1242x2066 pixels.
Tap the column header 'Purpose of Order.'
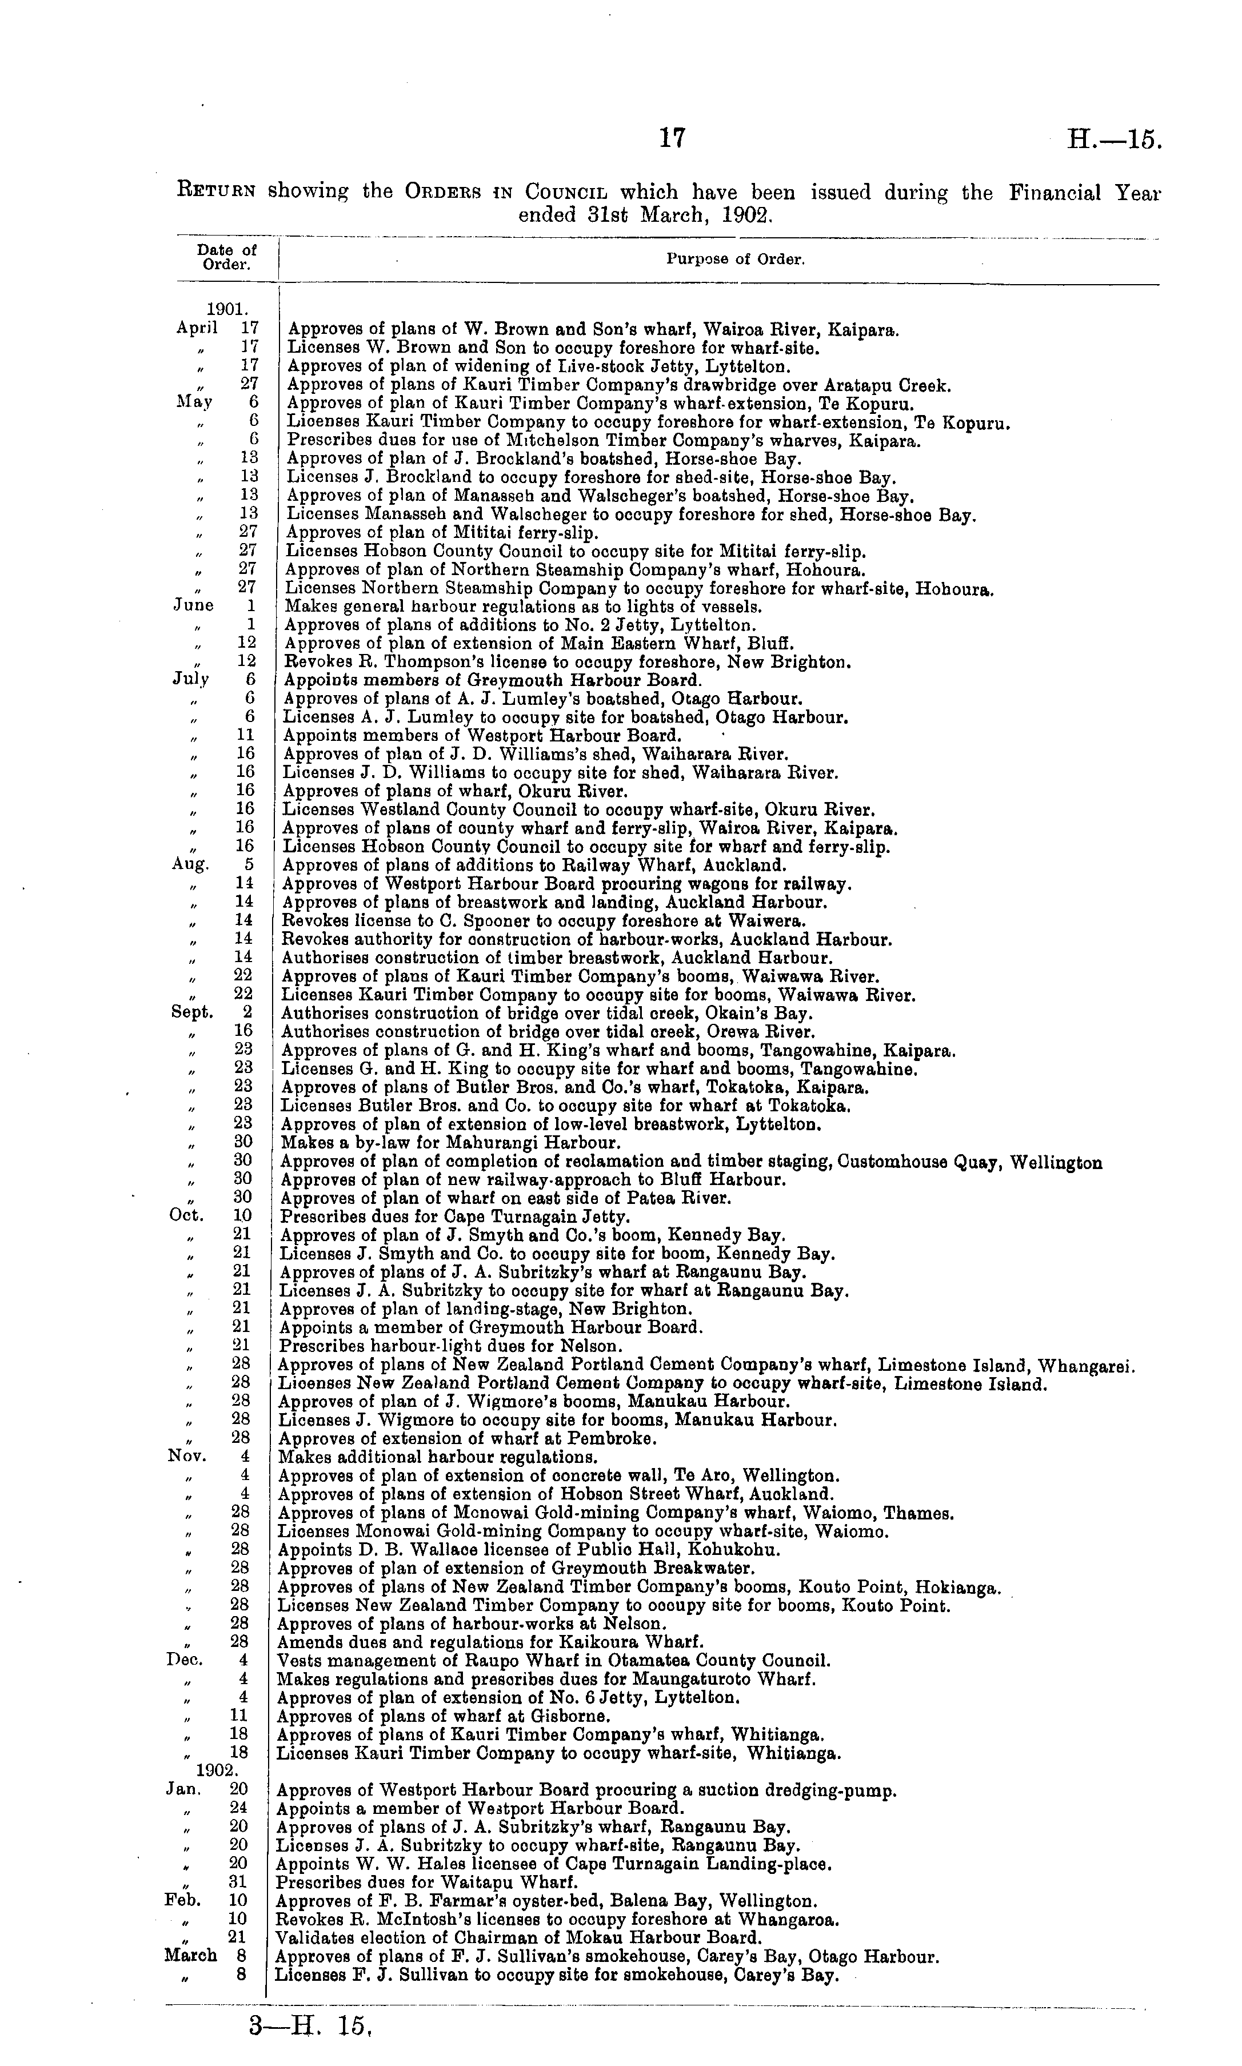click(x=736, y=260)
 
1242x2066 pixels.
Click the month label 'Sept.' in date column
click(x=191, y=1012)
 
